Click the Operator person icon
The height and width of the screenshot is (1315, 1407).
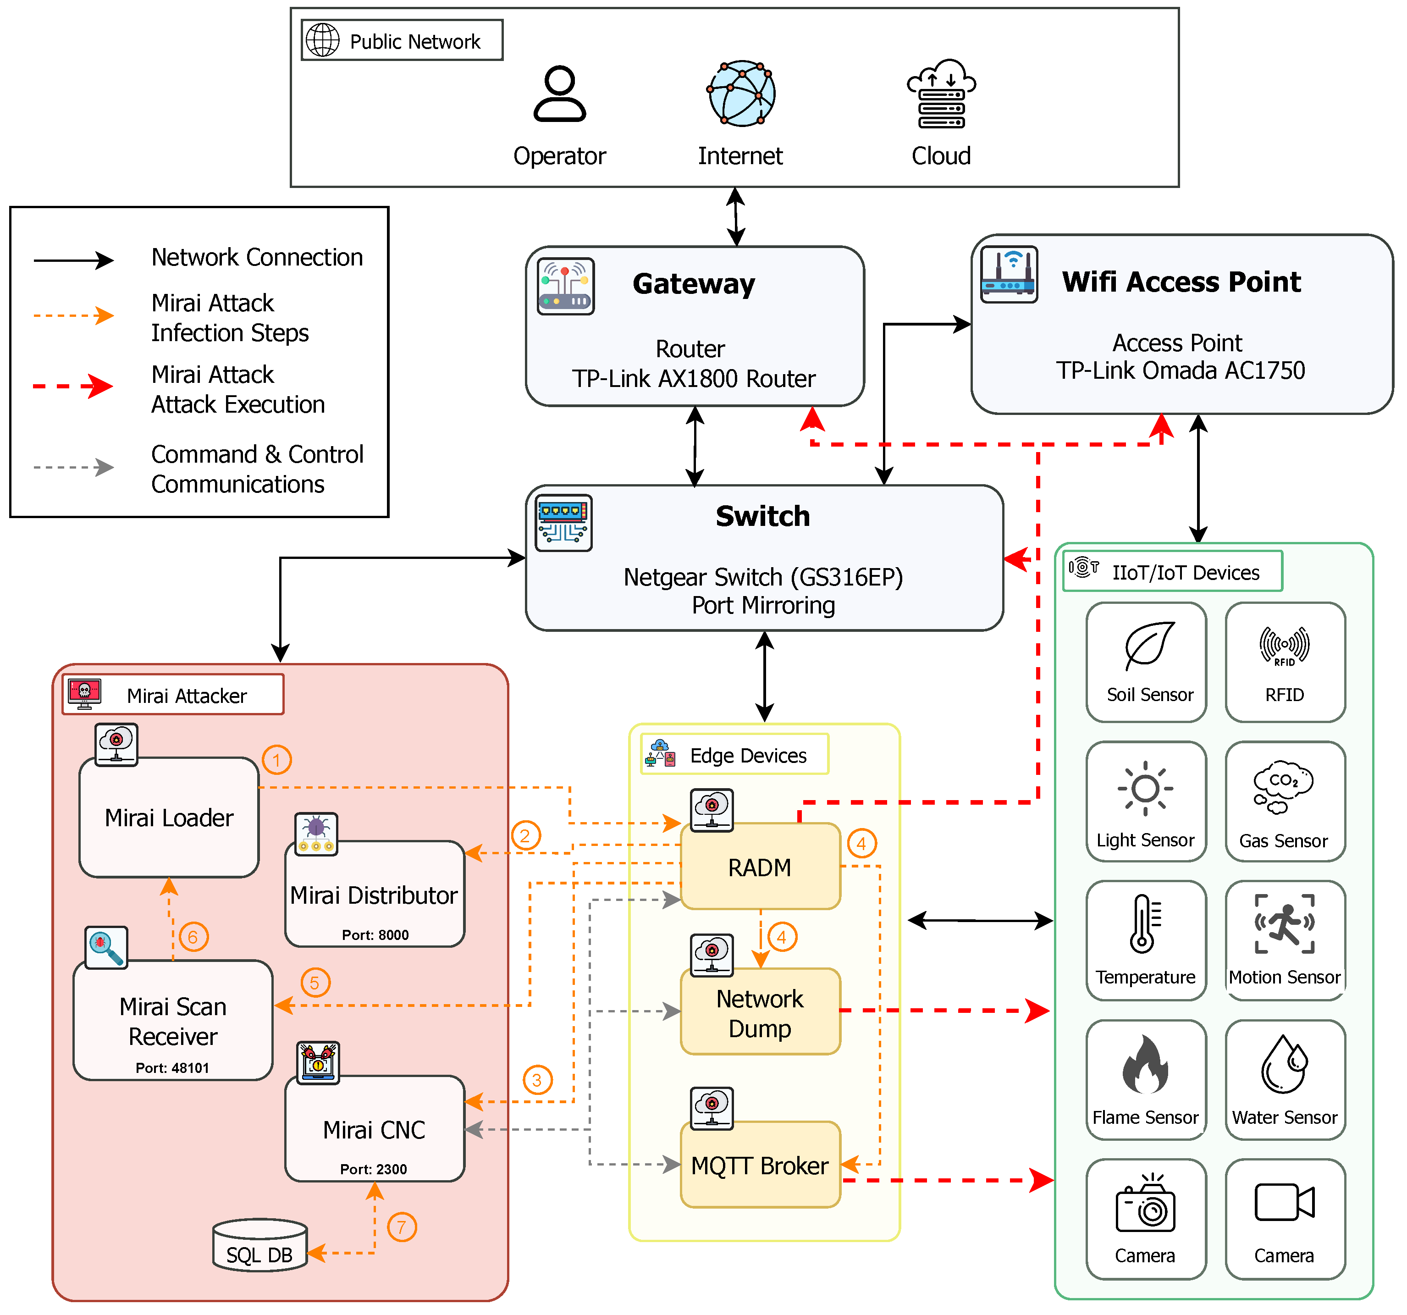pos(559,94)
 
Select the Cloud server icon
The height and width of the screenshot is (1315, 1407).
pos(941,94)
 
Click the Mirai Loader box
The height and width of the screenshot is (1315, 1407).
pos(169,818)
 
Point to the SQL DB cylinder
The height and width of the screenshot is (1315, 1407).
pos(260,1245)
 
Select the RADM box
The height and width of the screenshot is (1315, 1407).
pos(760,866)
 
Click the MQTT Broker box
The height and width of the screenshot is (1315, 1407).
pos(760,1164)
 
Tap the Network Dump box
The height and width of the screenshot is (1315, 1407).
pos(760,1012)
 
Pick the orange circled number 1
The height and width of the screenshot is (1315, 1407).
pos(277,760)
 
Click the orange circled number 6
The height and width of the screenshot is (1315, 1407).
pos(193,937)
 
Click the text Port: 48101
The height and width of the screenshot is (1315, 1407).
pos(173,1067)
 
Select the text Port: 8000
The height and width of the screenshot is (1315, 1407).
pos(375,934)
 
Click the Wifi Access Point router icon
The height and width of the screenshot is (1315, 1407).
pos(1009,275)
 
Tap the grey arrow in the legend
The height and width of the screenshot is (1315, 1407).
pos(74,467)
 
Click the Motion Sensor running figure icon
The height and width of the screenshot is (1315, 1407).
pos(1285,923)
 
